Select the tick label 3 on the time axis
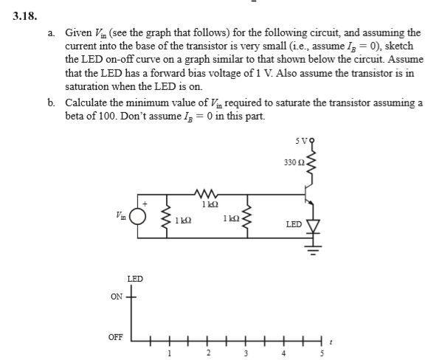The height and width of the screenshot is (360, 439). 243,353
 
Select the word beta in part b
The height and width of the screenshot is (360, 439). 76,117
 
